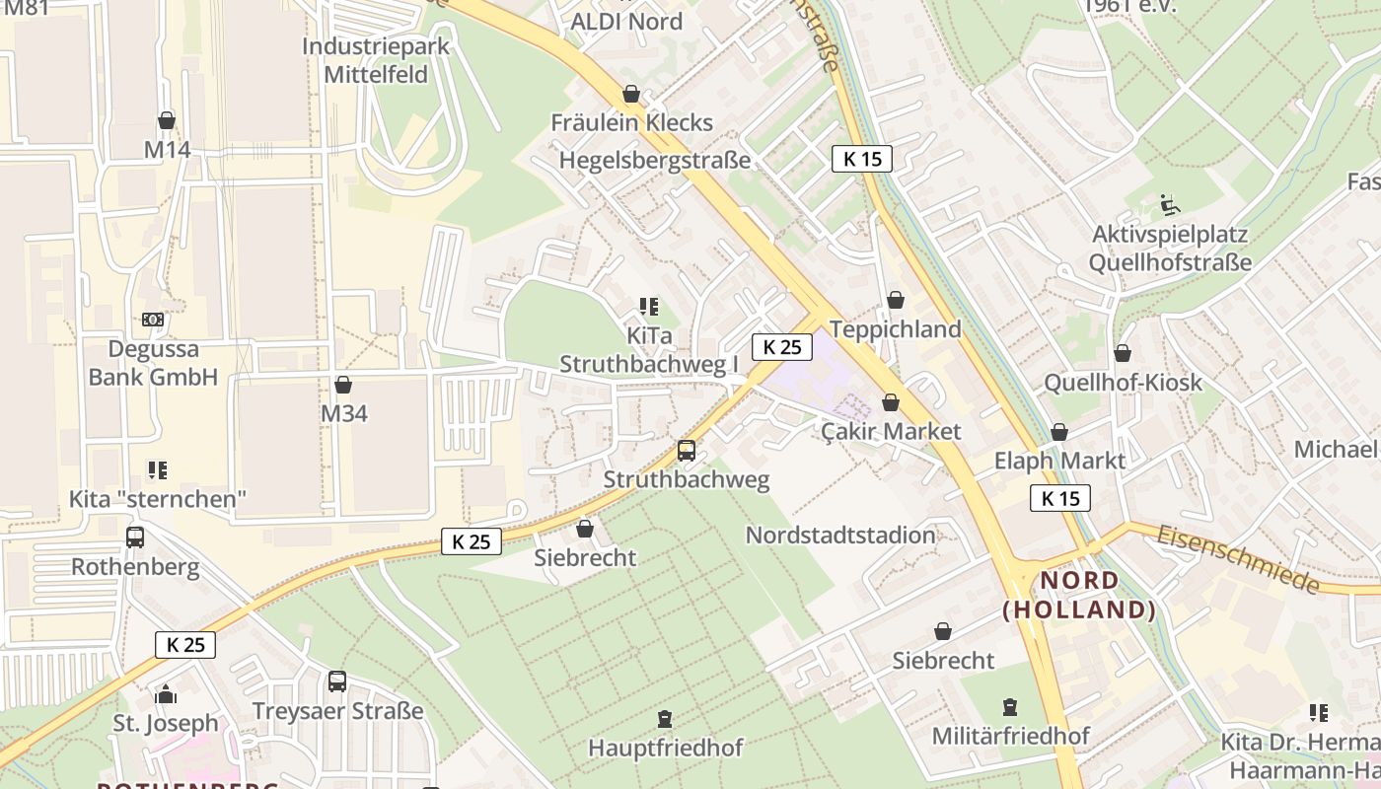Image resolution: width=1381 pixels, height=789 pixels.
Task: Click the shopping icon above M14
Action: [x=167, y=120]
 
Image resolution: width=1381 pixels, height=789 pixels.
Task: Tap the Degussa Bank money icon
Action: [x=153, y=320]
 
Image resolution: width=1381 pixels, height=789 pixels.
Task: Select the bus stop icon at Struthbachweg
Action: [x=687, y=451]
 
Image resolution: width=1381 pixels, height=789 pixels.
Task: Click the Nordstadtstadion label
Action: [x=840, y=536]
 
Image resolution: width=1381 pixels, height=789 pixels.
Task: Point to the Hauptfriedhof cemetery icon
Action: [x=665, y=719]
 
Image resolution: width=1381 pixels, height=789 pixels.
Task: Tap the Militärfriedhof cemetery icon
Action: [x=1010, y=707]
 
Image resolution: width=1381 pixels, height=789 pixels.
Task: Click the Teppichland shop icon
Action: [x=896, y=300]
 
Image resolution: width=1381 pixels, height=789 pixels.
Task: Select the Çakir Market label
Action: [x=891, y=431]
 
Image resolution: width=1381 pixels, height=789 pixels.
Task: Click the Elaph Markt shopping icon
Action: [x=1059, y=432]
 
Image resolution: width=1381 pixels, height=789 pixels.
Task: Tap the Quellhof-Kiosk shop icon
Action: [x=1123, y=353]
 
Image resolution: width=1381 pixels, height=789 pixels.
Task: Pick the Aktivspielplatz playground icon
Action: [x=1170, y=205]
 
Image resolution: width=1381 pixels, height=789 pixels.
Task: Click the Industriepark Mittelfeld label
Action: [x=376, y=60]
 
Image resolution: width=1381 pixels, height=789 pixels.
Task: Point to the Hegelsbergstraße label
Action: [x=655, y=160]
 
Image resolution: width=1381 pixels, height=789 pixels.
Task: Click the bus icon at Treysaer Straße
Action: [x=337, y=681]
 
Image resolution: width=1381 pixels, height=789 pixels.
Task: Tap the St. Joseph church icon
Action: [x=166, y=694]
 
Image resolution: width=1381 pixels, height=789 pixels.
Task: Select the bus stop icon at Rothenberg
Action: [x=135, y=538]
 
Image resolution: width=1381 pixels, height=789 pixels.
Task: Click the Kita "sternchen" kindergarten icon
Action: [x=158, y=469]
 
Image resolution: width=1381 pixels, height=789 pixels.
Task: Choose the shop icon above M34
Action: [x=343, y=384]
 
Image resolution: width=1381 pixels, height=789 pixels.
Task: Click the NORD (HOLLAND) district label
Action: [x=1079, y=595]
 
